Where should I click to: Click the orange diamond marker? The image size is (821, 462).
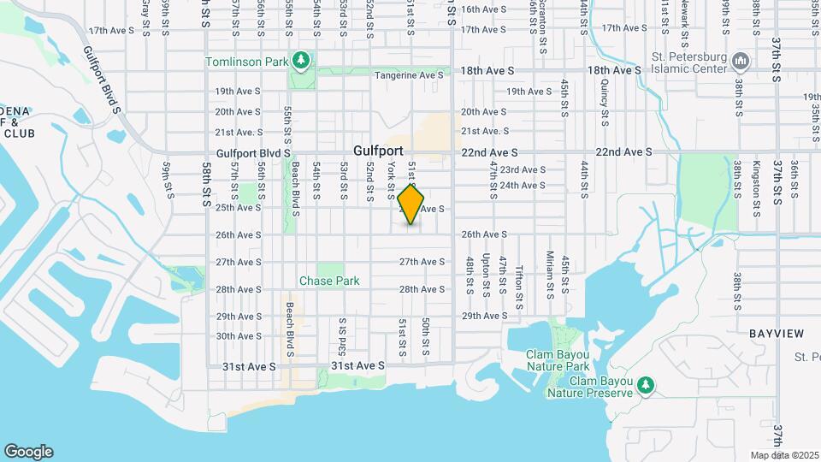(411, 205)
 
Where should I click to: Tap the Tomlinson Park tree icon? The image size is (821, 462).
(300, 61)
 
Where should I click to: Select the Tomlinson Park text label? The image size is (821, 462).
(246, 61)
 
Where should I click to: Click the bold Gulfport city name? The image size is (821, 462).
(377, 151)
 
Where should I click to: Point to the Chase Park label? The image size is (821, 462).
(329, 281)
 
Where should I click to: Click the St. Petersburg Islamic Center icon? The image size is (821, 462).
(741, 61)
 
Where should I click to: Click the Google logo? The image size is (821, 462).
(28, 451)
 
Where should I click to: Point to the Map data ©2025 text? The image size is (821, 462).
(784, 454)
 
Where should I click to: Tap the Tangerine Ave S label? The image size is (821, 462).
(409, 75)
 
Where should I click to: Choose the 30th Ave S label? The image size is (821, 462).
(238, 336)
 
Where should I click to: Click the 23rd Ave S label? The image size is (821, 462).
(523, 170)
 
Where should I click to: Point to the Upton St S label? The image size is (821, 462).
(486, 275)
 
